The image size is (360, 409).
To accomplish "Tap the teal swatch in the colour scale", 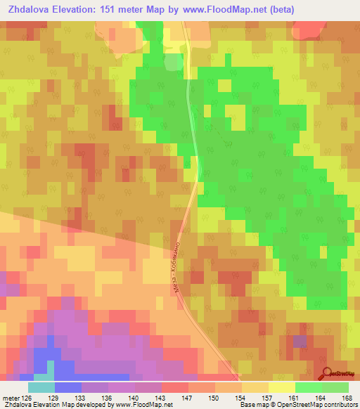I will coord(41,387).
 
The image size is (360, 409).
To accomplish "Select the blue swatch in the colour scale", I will coord(68,387).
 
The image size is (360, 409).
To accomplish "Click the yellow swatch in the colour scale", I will coord(281,387).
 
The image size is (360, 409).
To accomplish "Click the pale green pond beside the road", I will coord(173,63).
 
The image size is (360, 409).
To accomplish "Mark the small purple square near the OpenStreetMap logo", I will coord(300,342).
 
